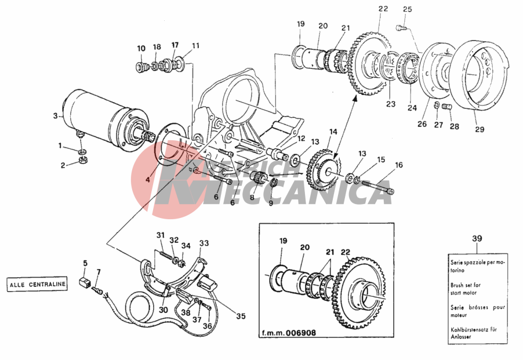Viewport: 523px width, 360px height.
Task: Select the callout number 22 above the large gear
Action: tap(383, 9)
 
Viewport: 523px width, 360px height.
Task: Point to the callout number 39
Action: tap(476, 238)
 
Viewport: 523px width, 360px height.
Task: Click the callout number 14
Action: tap(333, 132)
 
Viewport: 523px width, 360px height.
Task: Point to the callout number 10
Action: tap(141, 48)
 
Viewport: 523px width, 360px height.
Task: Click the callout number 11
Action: tap(195, 45)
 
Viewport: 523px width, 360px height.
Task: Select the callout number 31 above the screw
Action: tap(161, 235)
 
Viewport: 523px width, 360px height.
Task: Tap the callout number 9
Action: tap(270, 203)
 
